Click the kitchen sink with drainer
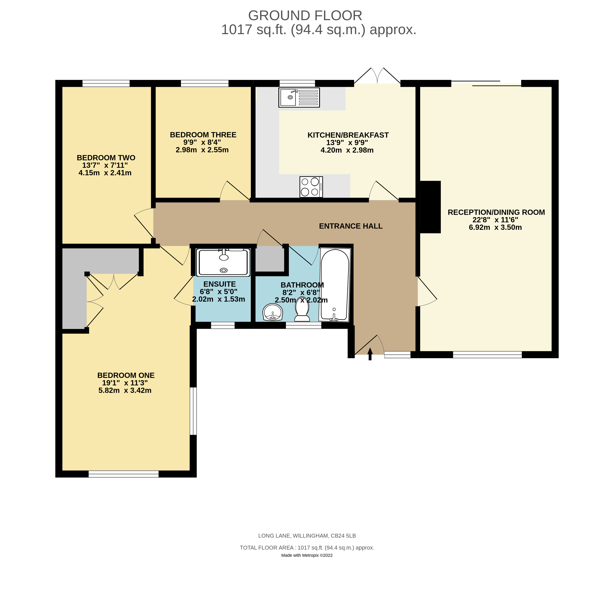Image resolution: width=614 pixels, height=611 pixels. pyautogui.click(x=299, y=97)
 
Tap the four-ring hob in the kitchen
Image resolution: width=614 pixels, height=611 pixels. pyautogui.click(x=311, y=187)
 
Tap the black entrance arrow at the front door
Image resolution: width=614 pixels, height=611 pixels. pyautogui.click(x=370, y=354)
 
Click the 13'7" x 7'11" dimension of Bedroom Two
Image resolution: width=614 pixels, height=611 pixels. pyautogui.click(x=105, y=165)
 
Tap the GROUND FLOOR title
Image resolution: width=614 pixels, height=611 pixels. pyautogui.click(x=305, y=16)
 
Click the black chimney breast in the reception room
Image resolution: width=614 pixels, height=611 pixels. pyautogui.click(x=430, y=207)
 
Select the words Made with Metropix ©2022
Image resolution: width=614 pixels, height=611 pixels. pyautogui.click(x=307, y=555)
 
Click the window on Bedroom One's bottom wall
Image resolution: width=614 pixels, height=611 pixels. pyautogui.click(x=124, y=474)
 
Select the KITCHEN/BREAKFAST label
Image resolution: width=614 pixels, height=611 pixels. pyautogui.click(x=348, y=135)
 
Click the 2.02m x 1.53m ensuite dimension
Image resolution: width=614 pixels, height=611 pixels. pyautogui.click(x=219, y=299)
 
